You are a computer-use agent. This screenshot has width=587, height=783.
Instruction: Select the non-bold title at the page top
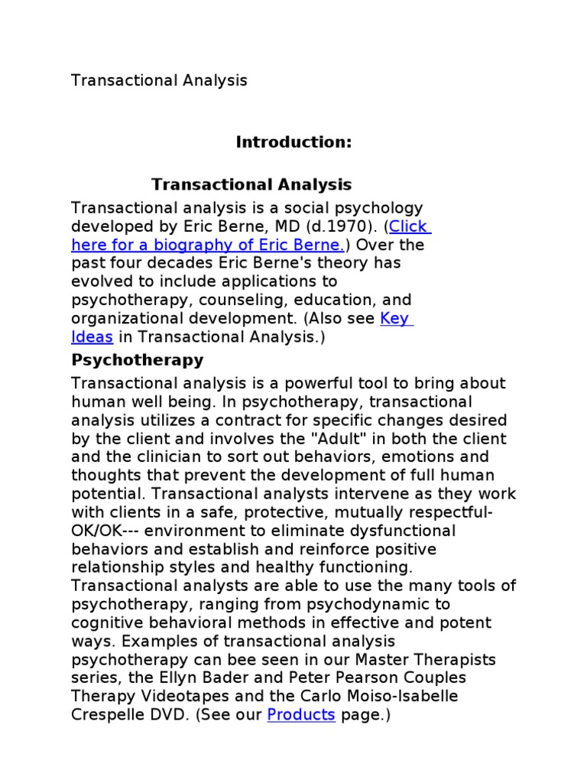pyautogui.click(x=159, y=80)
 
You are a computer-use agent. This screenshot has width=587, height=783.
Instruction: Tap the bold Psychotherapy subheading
pyautogui.click(x=138, y=359)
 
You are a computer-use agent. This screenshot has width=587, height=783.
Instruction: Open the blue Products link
pyautogui.click(x=301, y=715)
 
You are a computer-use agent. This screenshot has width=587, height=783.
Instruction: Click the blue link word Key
pyautogui.click(x=395, y=319)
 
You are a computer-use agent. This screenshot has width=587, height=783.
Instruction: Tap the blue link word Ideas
pyautogui.click(x=92, y=337)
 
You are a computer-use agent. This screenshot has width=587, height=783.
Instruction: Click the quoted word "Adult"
pyautogui.click(x=325, y=439)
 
